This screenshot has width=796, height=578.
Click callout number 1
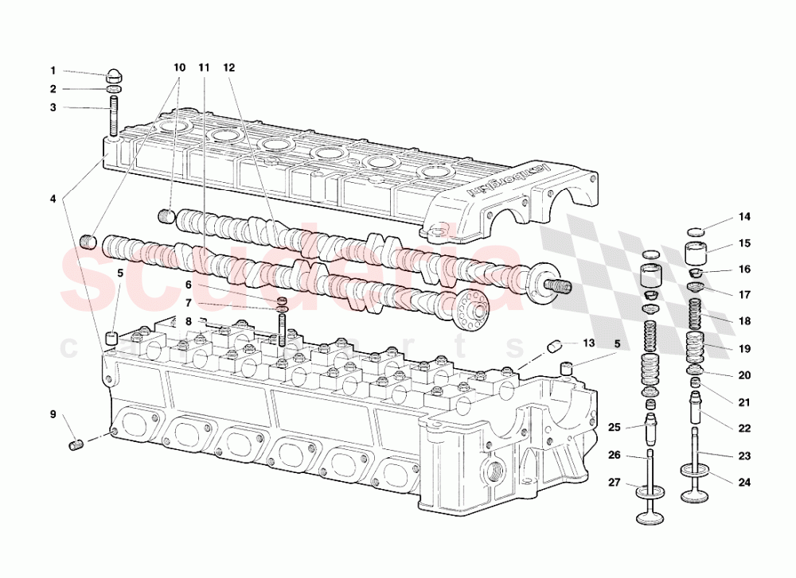pos(53,70)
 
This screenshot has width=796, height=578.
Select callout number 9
pos(53,414)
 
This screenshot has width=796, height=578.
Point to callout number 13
pos(588,343)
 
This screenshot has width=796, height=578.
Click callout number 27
pos(614,483)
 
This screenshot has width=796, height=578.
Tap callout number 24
pos(743,482)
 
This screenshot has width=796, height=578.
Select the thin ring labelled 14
pos(696,231)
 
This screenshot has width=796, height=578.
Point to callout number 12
pos(229,68)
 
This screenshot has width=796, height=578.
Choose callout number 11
pos(204,68)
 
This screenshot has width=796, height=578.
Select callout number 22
pos(743,429)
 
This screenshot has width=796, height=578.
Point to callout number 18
pos(743,320)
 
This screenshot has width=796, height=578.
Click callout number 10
pos(179,68)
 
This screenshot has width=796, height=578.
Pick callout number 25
pos(614,429)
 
